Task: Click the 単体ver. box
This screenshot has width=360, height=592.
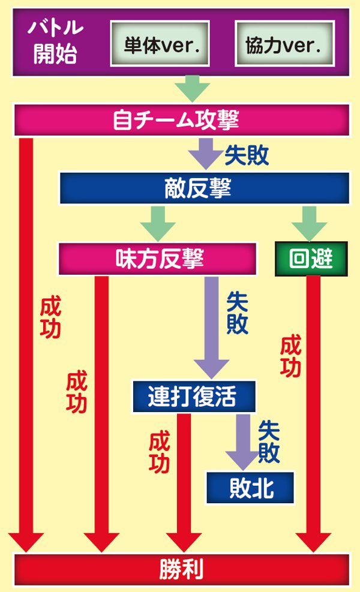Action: [x=159, y=44]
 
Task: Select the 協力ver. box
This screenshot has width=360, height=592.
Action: [x=283, y=44]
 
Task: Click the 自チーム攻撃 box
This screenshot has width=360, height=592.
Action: [x=180, y=120]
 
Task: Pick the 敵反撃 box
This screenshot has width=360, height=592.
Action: [x=204, y=189]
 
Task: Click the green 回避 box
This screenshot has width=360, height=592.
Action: [x=311, y=259]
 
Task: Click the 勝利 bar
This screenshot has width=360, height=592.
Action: [x=180, y=569]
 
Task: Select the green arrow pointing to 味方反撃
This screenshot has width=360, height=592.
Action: [x=158, y=223]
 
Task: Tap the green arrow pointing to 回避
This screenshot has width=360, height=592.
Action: [x=310, y=223]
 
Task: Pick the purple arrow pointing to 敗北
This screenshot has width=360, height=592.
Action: [x=243, y=441]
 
